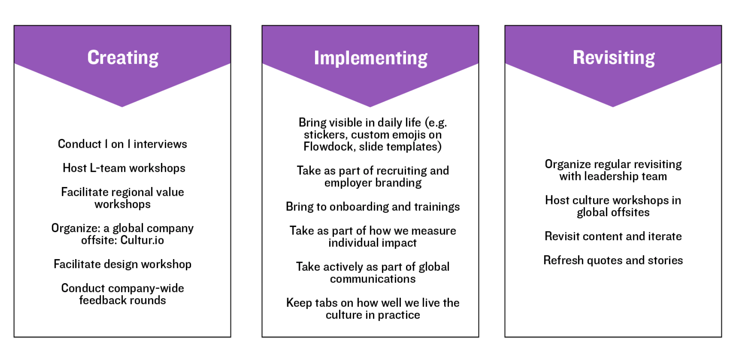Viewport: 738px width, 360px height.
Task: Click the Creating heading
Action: pyautogui.click(x=123, y=58)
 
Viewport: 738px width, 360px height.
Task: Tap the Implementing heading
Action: pyautogui.click(x=371, y=58)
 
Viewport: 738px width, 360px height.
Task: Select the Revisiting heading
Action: pyautogui.click(x=614, y=58)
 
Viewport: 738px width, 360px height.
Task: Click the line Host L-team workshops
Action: pyautogui.click(x=124, y=168)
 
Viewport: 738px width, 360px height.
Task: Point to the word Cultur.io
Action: pyautogui.click(x=142, y=240)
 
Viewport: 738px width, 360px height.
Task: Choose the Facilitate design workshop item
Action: pyautogui.click(x=122, y=264)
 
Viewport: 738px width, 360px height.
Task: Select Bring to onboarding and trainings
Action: pyautogui.click(x=373, y=207)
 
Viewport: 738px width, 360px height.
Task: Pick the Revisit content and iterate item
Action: pyautogui.click(x=613, y=236)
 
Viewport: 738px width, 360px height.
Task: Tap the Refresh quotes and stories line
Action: pyautogui.click(x=613, y=260)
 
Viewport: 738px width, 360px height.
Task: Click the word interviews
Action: pyautogui.click(x=160, y=144)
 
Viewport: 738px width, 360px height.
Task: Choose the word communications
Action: pyautogui.click(x=373, y=279)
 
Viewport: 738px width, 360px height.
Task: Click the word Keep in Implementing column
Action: pyautogui.click(x=299, y=303)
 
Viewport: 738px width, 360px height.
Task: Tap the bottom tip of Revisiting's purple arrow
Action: pyautogui.click(x=613, y=107)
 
